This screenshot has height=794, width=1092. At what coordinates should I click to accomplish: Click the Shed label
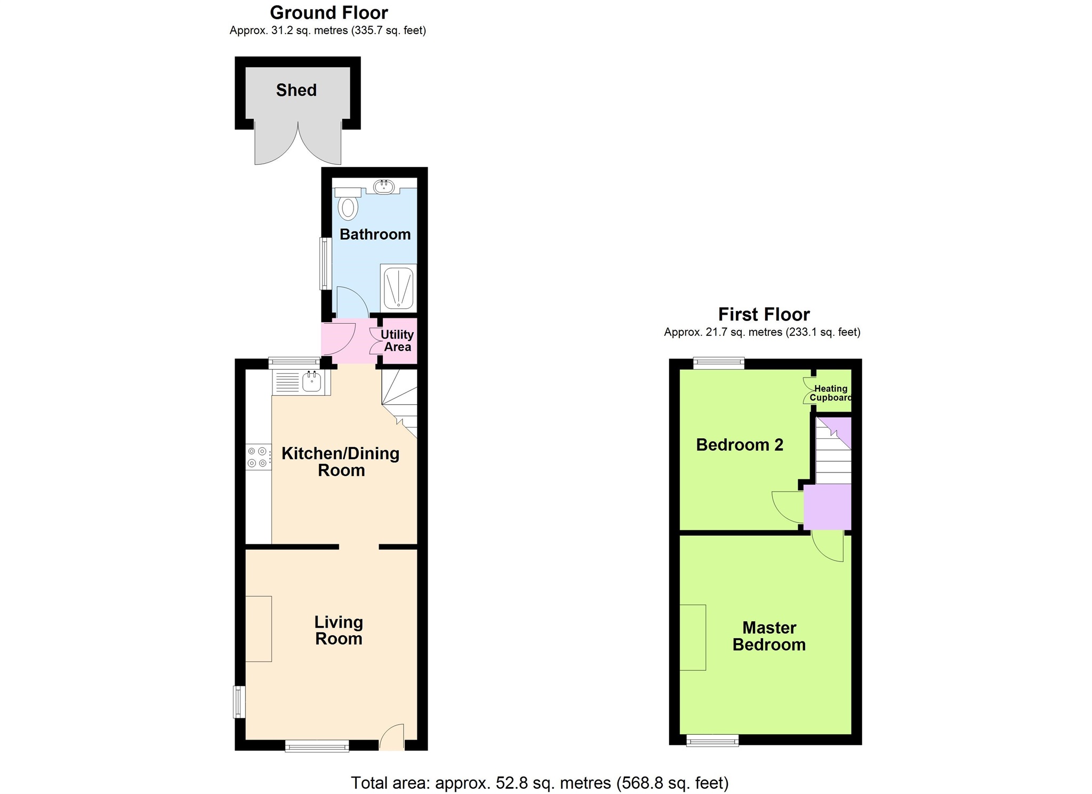coord(296,90)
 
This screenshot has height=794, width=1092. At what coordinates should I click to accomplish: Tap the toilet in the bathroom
coord(348,206)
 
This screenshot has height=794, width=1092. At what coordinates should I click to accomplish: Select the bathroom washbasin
coord(383,187)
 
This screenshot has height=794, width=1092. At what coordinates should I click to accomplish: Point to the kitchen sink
coord(311,381)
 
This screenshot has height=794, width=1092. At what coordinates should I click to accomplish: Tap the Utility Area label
coord(397,341)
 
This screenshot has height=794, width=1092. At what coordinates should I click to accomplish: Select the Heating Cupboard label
coord(830,393)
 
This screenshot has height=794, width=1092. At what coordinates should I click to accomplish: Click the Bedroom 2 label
coord(740,445)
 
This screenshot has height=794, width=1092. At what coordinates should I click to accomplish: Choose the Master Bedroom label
coord(769,636)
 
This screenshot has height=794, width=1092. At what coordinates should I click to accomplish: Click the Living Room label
coord(339,630)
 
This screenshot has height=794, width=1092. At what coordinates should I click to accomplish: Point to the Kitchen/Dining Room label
coord(341,462)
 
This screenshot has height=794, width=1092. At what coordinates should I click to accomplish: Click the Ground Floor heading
coord(328,12)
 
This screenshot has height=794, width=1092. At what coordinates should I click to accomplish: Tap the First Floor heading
coord(764,314)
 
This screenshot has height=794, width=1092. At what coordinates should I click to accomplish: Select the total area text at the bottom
coord(540,783)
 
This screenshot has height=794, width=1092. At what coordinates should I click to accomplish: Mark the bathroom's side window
coord(325,263)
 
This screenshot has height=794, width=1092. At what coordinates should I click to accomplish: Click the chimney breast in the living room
coord(259,629)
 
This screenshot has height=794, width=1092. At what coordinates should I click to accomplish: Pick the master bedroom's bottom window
coord(712,740)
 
